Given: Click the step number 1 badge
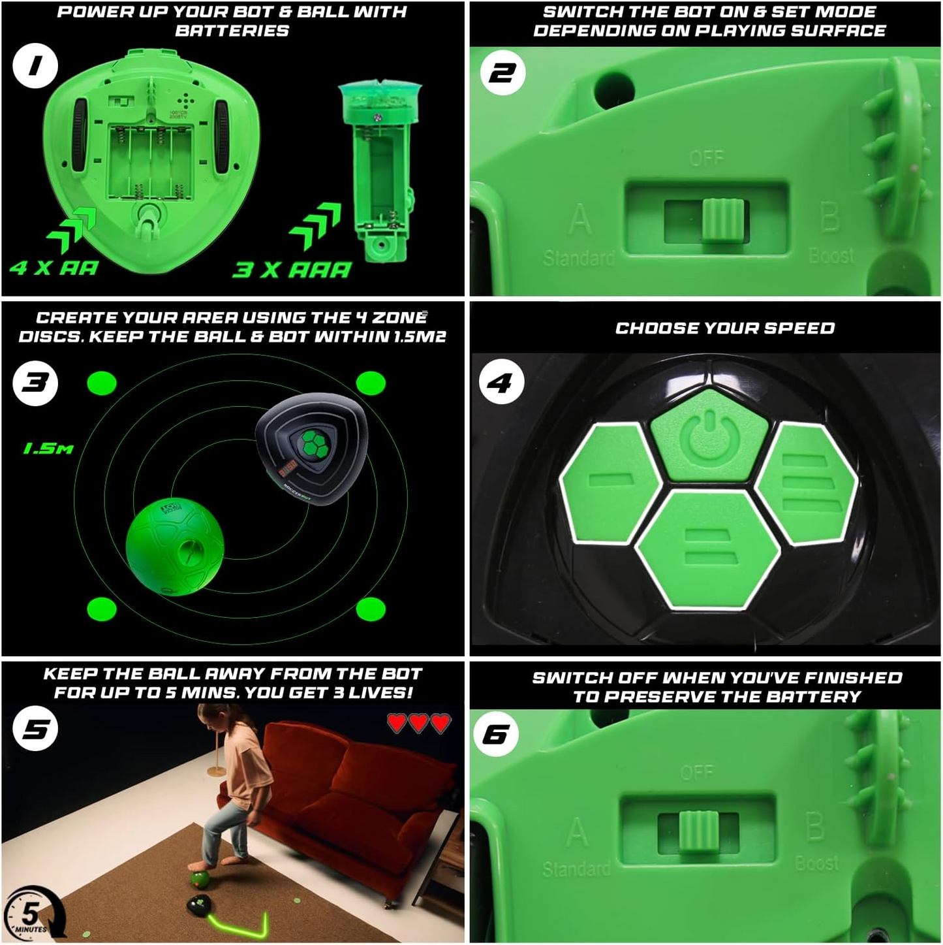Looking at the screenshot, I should (35, 66).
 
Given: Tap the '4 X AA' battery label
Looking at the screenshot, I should (54, 268).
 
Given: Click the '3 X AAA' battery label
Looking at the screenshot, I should (292, 270).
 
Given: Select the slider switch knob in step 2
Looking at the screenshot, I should (723, 220).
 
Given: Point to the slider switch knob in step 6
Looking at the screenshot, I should (699, 831).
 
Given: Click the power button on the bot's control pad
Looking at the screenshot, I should (709, 434).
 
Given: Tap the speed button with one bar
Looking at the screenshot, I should (610, 481).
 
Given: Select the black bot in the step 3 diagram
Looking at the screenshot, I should (311, 450).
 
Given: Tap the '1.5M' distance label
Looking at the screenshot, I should (48, 449).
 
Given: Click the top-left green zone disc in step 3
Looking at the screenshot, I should (102, 383).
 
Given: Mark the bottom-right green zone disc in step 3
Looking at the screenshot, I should (371, 609).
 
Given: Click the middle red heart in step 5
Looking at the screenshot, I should (418, 723).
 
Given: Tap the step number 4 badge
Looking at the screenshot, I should (501, 382).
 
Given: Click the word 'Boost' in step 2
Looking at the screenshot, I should (831, 255).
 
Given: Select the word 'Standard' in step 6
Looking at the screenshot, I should (576, 869).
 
